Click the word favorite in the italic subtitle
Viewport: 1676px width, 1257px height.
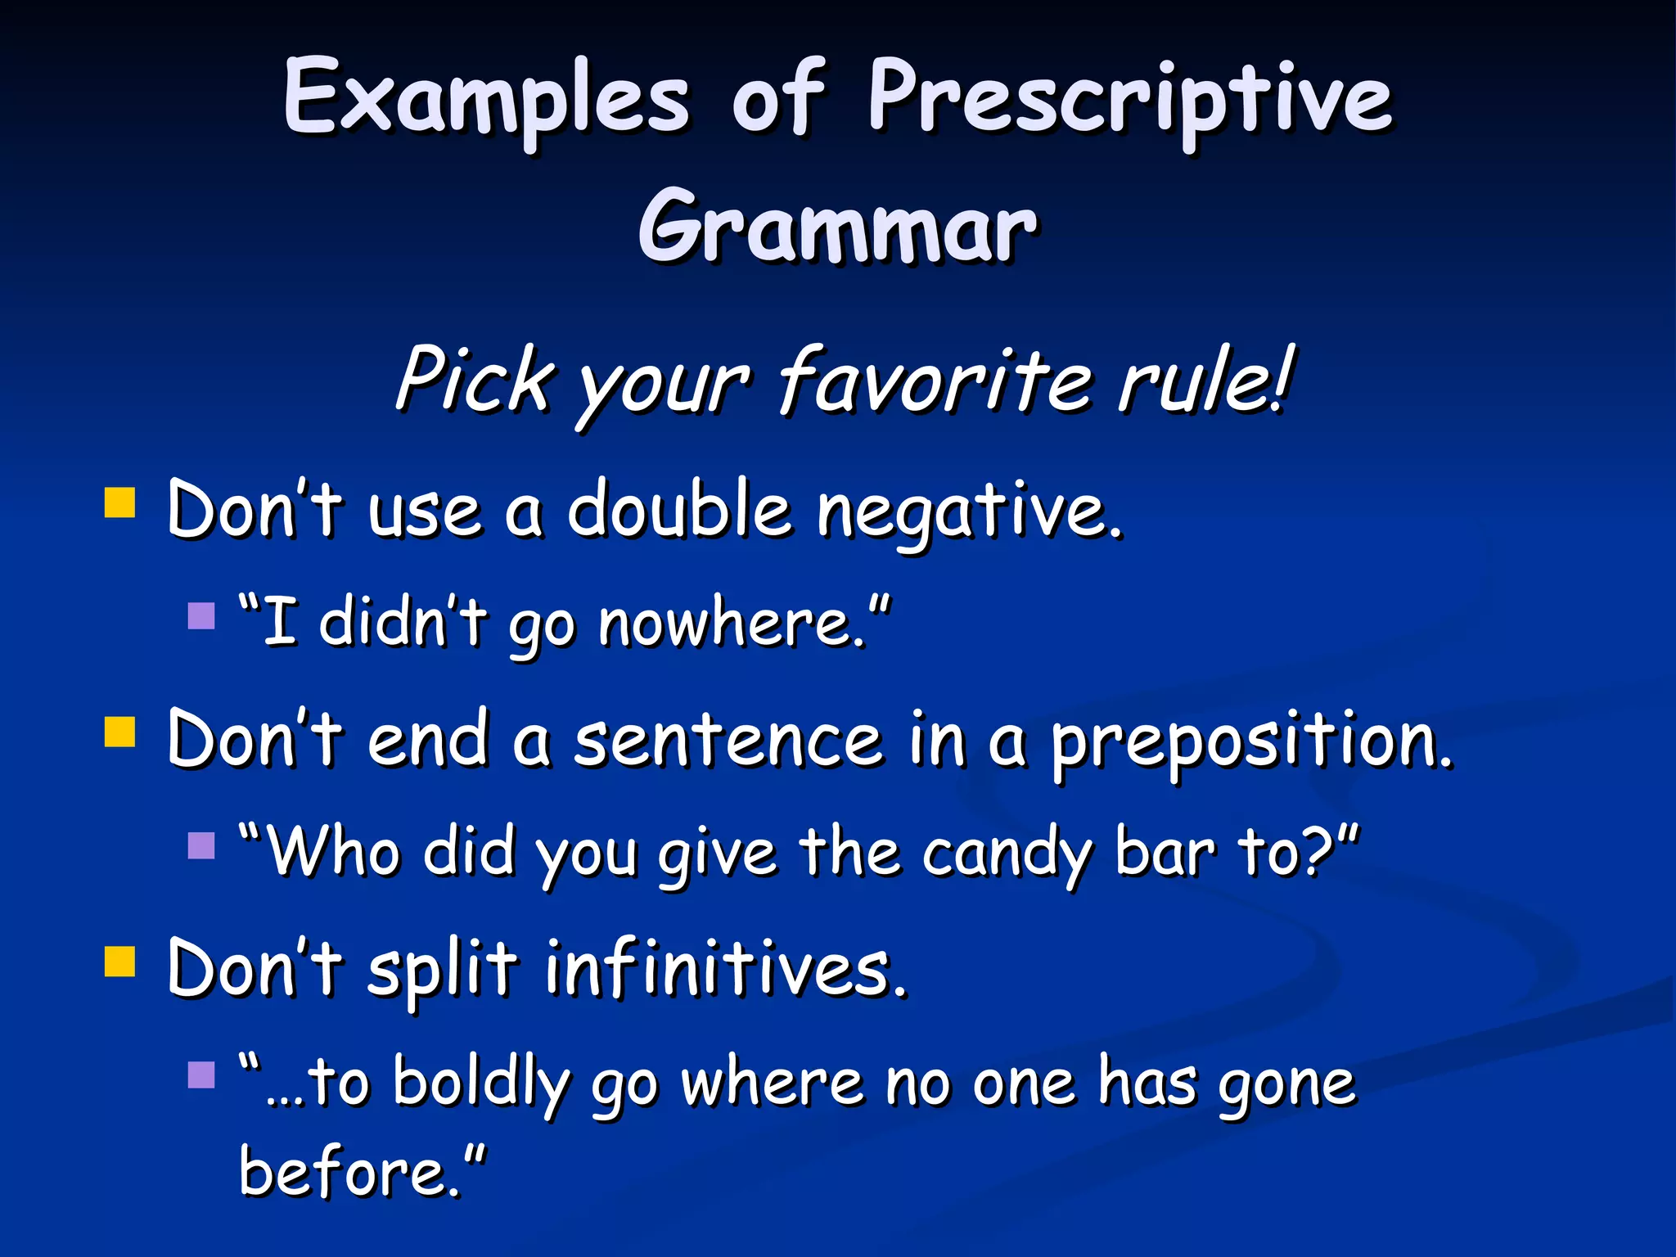[933, 381]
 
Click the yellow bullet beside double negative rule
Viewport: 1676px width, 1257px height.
[119, 503]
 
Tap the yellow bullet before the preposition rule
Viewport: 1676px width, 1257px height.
[119, 732]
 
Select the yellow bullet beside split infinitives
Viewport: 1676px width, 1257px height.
[119, 962]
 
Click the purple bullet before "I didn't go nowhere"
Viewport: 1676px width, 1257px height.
[200, 615]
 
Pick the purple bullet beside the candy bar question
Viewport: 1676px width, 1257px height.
[200, 845]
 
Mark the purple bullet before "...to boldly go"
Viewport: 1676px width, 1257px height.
[200, 1075]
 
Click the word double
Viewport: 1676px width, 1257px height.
[679, 511]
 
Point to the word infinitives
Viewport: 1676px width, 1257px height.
[725, 970]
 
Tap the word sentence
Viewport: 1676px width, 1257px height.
[728, 741]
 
